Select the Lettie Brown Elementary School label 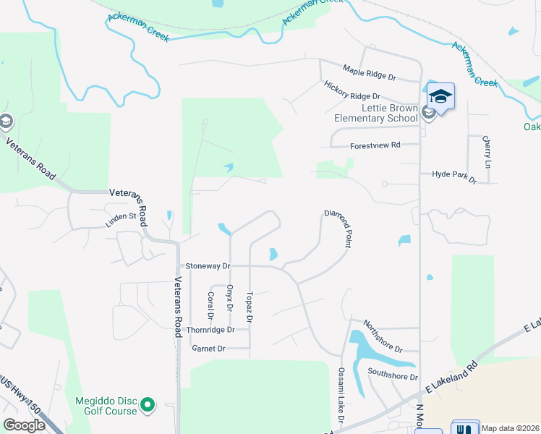click(x=376, y=113)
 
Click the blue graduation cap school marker click(x=440, y=96)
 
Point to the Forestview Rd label click(x=375, y=145)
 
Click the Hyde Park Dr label click(x=454, y=175)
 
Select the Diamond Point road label click(x=337, y=229)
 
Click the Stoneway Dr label click(x=208, y=266)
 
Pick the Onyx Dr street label click(x=230, y=297)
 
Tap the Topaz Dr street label click(x=249, y=307)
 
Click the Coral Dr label click(x=210, y=305)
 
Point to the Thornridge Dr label click(x=210, y=330)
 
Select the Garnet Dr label click(x=209, y=349)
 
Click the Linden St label click(x=121, y=219)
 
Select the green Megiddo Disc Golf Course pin click(x=148, y=404)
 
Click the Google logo click(x=24, y=425)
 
